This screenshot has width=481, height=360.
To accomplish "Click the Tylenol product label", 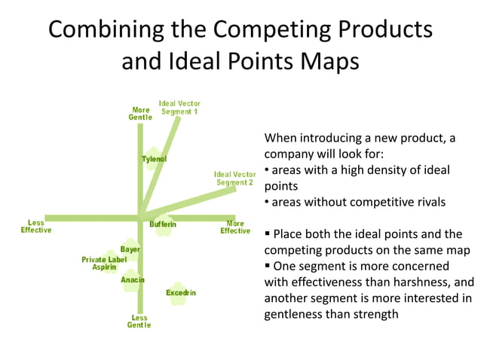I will point(154,159).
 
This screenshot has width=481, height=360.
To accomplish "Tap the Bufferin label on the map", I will point(163,224).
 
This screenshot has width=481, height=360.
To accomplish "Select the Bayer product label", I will point(130,249).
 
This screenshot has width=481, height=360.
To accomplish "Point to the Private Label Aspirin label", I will point(104,264).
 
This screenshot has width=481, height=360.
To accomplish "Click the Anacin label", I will point(133,280).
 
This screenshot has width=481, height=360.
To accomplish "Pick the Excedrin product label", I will point(181,292).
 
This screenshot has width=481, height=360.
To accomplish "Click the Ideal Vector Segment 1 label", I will point(179,108).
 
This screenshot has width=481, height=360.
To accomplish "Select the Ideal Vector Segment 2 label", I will point(235,178).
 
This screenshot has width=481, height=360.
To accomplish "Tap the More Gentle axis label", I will point(140,114).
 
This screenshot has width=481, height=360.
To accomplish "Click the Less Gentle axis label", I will point(139,322).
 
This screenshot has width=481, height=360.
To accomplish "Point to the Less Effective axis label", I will point(36,227).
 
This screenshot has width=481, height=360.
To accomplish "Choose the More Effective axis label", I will point(235,227).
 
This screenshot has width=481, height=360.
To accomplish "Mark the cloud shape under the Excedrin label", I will point(178,294).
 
